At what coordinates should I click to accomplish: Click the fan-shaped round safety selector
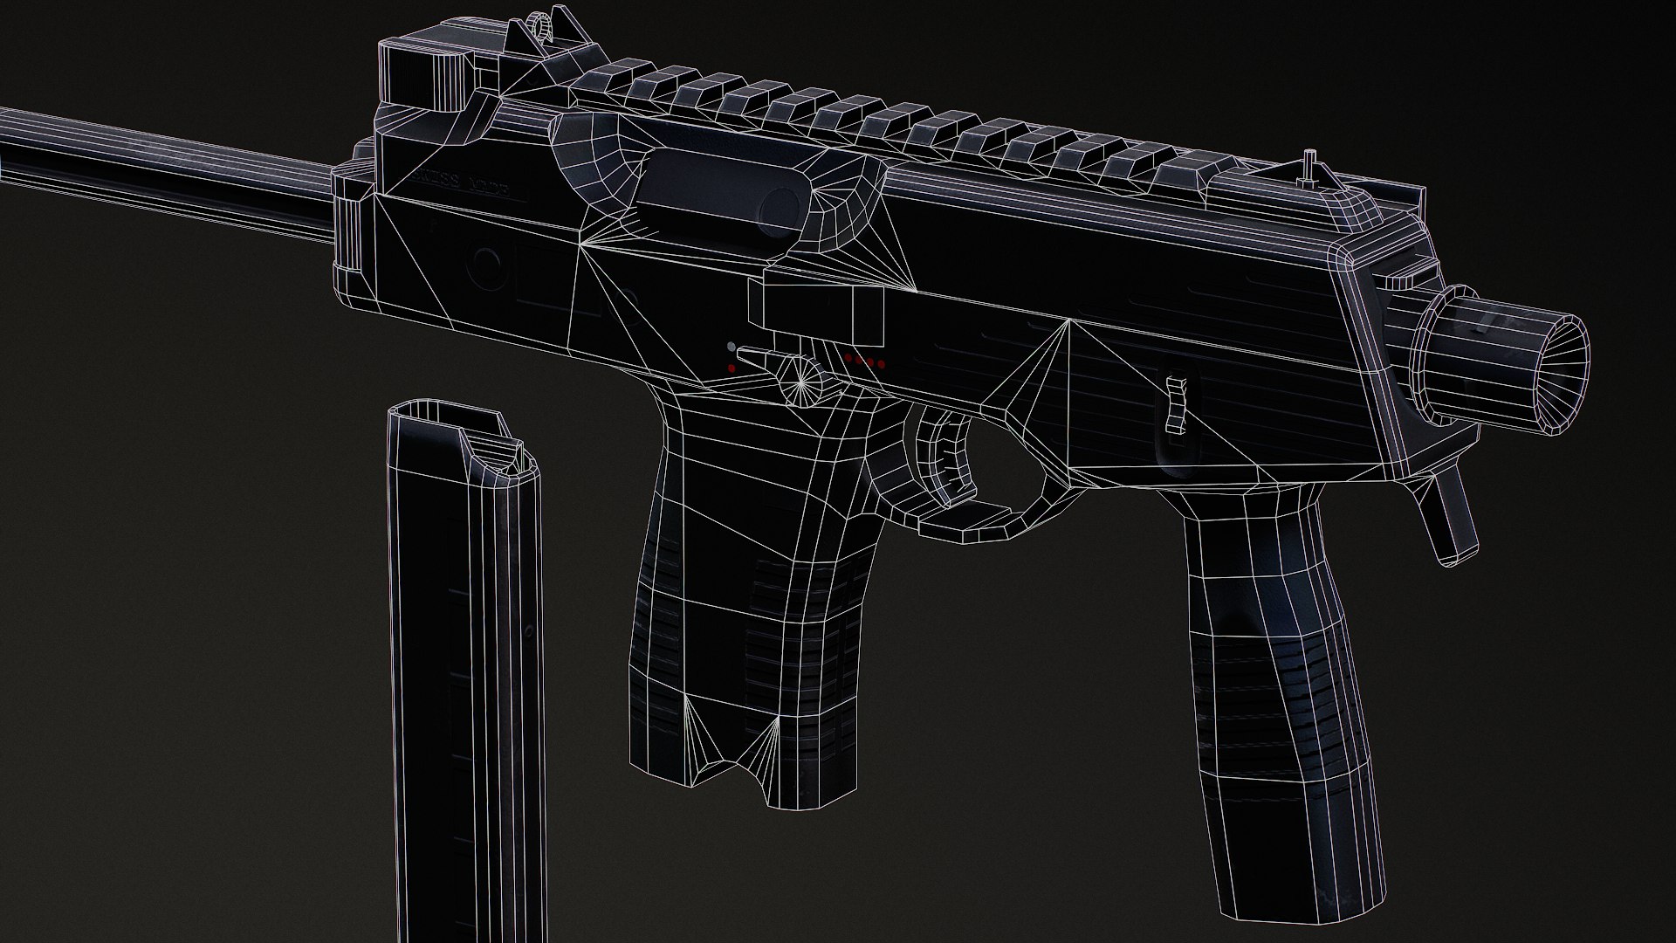click(x=804, y=381)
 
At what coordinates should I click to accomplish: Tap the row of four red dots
click(x=864, y=361)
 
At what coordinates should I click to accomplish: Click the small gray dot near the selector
click(x=731, y=347)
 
